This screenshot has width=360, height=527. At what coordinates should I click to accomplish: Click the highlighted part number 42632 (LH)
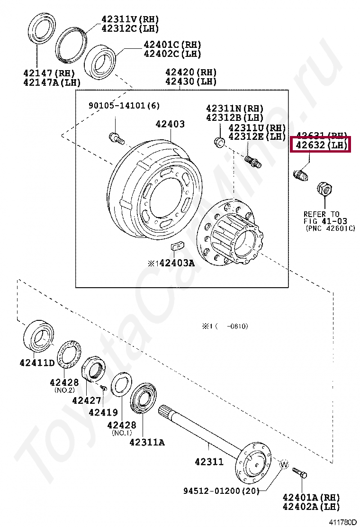pyautogui.click(x=320, y=145)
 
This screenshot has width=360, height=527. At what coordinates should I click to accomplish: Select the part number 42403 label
pyautogui.click(x=171, y=124)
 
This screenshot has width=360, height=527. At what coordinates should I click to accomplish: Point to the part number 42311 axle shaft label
pyautogui.click(x=209, y=461)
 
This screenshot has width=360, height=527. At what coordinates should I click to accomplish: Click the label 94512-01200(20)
pyautogui.click(x=222, y=491)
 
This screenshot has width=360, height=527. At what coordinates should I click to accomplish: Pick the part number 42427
pyautogui.click(x=87, y=400)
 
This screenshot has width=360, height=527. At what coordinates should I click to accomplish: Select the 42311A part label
pyautogui.click(x=147, y=442)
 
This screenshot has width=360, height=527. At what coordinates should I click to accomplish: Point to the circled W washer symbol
pyautogui.click(x=284, y=465)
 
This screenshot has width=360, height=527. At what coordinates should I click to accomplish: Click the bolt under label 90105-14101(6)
pyautogui.click(x=116, y=138)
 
